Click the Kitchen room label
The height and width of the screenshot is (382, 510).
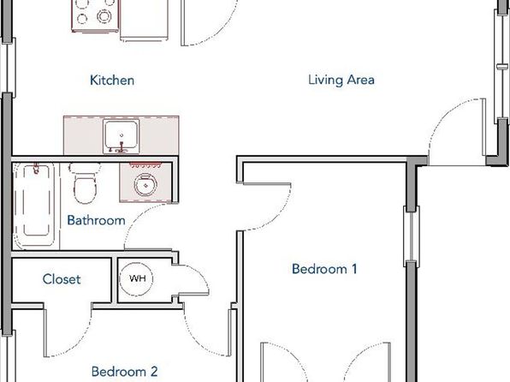click(112, 81)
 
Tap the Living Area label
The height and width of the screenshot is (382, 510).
click(341, 80)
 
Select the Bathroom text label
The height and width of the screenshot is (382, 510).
click(97, 220)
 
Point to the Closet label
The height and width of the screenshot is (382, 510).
click(62, 279)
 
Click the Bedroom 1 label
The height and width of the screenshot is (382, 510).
click(324, 269)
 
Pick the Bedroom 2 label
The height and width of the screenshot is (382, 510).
click(125, 371)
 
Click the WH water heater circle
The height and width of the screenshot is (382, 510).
click(136, 278)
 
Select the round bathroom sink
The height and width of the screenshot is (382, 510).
click(145, 185)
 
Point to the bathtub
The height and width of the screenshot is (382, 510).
click(36, 206)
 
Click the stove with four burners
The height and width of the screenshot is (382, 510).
click(95, 15)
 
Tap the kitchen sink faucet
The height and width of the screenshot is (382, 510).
click(122, 148)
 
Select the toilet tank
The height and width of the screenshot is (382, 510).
click(85, 168)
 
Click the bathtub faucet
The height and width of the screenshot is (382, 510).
click(36, 169)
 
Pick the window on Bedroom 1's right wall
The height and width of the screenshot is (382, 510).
click(412, 236)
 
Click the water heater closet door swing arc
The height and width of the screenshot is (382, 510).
click(199, 277)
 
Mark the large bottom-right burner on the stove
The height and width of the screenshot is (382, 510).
click(104, 16)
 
